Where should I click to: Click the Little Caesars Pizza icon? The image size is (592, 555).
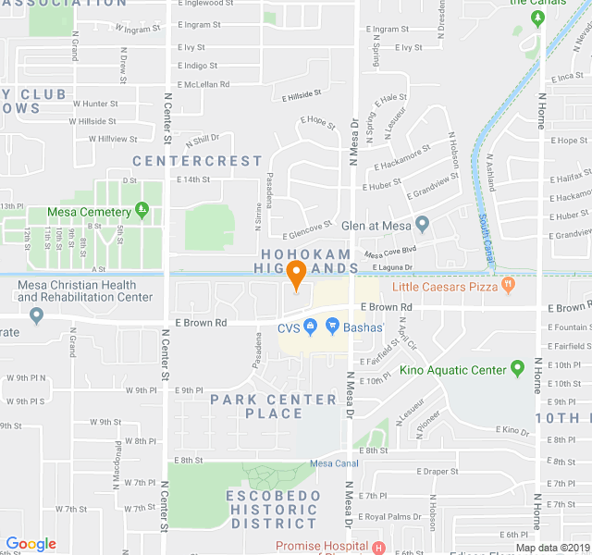pos(507,287)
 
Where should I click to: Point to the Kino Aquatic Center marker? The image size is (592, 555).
pos(517,370)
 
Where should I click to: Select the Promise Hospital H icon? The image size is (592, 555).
pos(378,547)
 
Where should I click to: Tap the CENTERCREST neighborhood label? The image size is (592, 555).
pos(197,161)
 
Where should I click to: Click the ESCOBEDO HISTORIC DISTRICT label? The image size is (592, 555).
pos(260,510)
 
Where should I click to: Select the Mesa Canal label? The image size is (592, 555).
pos(334,463)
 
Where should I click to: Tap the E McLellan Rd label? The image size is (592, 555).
pos(203,83)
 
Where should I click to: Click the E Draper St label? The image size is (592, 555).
pos(438,472)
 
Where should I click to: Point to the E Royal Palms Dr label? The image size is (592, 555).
pos(390,516)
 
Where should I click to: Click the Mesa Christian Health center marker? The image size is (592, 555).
pos(36,315)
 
